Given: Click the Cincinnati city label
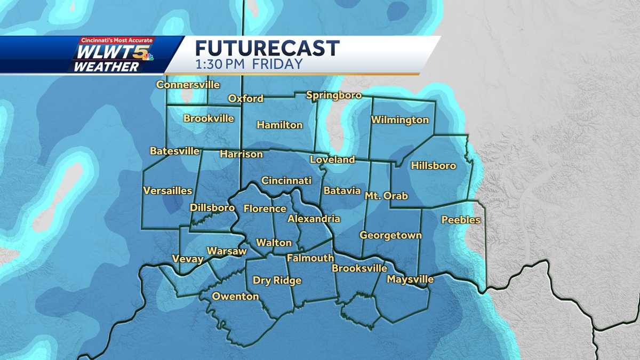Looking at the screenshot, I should [x=286, y=181].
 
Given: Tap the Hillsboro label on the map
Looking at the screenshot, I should [x=433, y=166].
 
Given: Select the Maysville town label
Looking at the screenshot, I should [x=410, y=279].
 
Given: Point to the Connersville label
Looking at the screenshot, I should [x=188, y=85].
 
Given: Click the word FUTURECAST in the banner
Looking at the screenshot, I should [x=267, y=49].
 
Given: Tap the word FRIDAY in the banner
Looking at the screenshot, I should [x=277, y=64].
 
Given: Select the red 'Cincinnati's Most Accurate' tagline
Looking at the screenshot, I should [x=116, y=41].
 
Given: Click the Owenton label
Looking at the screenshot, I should [x=235, y=297].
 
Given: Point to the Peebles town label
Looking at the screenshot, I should [x=461, y=220].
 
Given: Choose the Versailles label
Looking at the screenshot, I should [x=167, y=190].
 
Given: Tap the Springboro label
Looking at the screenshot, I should [x=334, y=95].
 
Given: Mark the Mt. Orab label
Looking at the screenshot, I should [x=386, y=196].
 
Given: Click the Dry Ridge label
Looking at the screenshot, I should [x=277, y=281].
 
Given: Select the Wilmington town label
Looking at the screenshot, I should [x=400, y=120].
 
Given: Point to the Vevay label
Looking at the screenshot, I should [x=188, y=259].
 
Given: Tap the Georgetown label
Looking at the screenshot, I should [x=390, y=235].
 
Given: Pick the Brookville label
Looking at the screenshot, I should [x=209, y=118].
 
